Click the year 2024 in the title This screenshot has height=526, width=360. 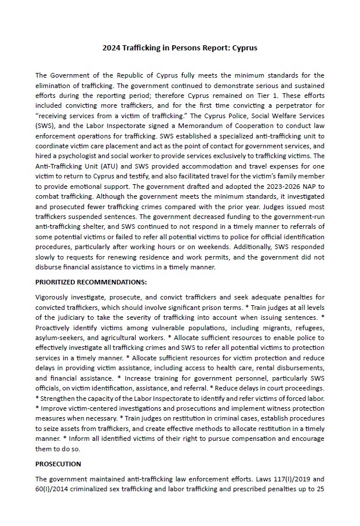point(112,48)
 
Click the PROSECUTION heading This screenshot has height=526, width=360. point(58,464)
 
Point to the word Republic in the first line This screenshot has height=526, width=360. point(130,75)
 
